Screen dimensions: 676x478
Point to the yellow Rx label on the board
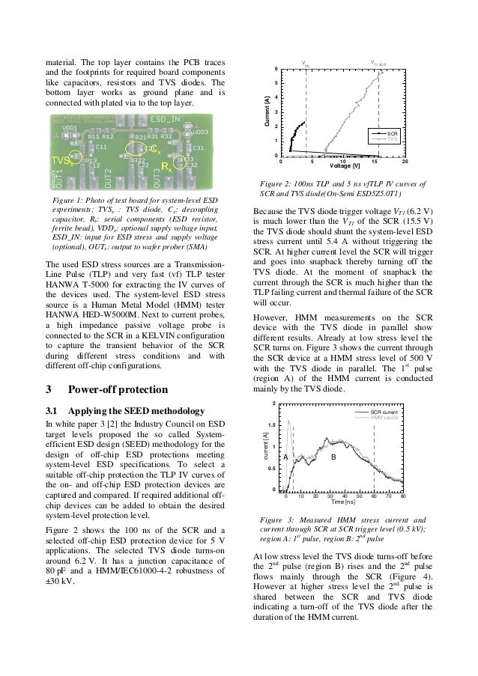point(167,168)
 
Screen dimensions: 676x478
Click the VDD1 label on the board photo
point(68,128)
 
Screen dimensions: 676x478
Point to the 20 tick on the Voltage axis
point(405,161)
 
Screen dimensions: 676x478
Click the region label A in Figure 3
point(285,456)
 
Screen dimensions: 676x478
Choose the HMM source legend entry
point(387,416)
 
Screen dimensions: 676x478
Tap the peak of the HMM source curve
point(289,421)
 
